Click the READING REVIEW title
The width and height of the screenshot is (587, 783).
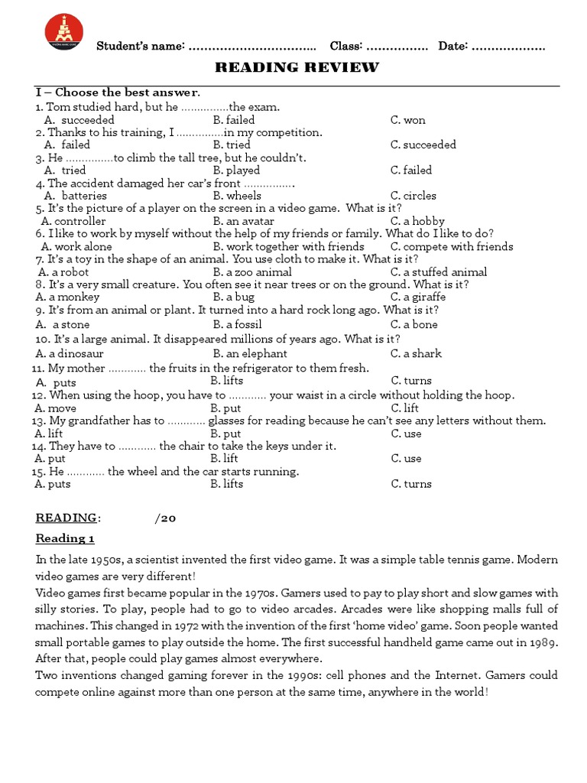pyautogui.click(x=297, y=67)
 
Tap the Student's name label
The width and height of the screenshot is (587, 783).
pyautogui.click(x=141, y=47)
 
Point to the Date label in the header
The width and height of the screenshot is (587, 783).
pyautogui.click(x=453, y=47)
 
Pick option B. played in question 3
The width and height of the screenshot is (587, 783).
pyautogui.click(x=236, y=171)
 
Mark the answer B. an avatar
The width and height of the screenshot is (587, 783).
pyautogui.click(x=243, y=221)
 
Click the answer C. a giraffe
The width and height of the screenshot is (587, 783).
pyautogui.click(x=418, y=297)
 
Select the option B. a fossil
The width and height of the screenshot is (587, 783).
pyautogui.click(x=241, y=324)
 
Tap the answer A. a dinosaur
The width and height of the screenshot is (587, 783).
pyautogui.click(x=70, y=354)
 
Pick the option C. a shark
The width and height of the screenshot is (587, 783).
pyautogui.click(x=416, y=354)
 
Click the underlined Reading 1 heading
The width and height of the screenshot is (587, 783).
pyautogui.click(x=65, y=539)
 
